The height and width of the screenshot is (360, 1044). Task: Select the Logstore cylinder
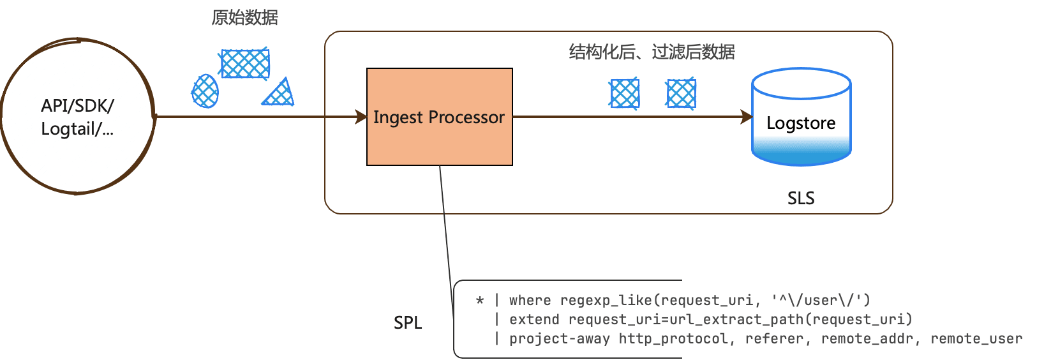coord(801,117)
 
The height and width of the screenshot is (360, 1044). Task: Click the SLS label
coord(800,199)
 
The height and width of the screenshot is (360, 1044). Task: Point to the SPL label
coord(408,323)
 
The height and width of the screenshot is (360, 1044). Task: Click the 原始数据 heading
coord(245,18)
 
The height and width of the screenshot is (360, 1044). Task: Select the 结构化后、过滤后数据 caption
coord(652,52)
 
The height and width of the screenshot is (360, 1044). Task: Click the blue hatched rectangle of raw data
coord(244,64)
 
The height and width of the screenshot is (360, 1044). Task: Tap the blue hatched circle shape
coord(205,91)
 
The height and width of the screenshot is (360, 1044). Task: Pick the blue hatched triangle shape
coord(280,94)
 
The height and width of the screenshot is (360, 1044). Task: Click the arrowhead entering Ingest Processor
coord(361,117)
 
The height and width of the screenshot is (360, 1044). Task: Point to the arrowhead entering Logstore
coord(747,117)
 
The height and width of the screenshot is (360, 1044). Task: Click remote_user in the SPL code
coord(976,339)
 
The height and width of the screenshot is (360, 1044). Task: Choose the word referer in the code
coord(774,339)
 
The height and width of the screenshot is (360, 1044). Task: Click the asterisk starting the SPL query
coord(480,301)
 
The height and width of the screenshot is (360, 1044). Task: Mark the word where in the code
coord(530,300)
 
